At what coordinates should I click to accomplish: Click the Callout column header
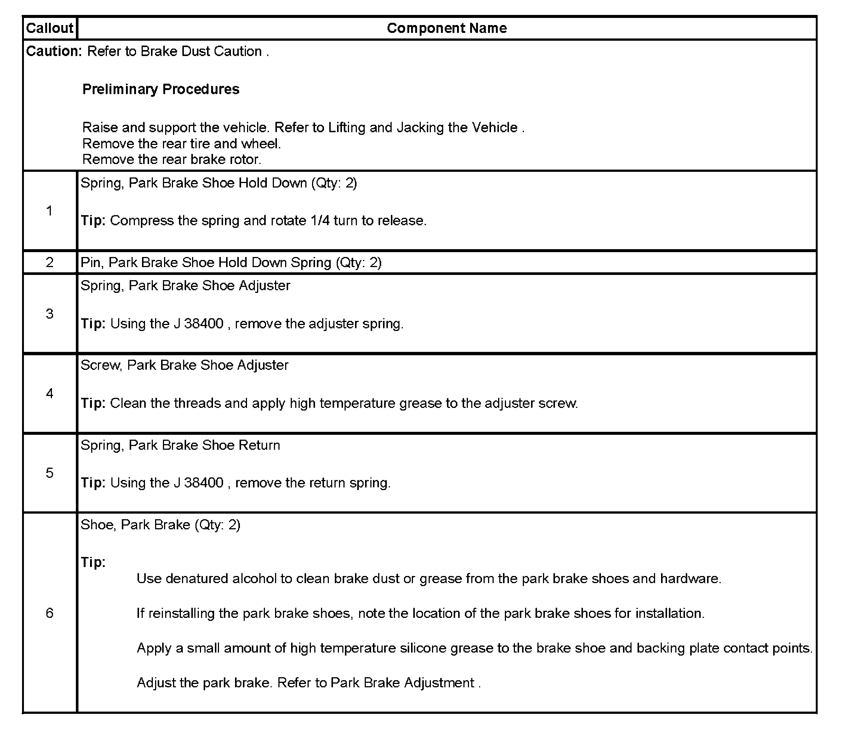pos(49,28)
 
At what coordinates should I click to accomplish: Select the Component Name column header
pos(447,28)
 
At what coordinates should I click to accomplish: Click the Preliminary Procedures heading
pos(161,89)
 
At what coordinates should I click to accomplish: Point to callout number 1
pos(49,211)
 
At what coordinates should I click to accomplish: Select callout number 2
pos(49,263)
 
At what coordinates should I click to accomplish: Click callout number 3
pos(49,314)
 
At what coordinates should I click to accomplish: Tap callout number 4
pos(49,393)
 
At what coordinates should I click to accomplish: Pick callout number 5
pos(49,473)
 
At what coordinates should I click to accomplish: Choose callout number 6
pos(49,613)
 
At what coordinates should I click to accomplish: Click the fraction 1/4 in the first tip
pos(320,221)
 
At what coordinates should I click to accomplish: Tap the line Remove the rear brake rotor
pos(172,160)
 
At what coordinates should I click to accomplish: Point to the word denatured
pos(197,579)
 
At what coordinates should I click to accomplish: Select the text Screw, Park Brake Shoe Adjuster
pos(184,365)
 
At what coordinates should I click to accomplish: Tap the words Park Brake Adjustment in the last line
pos(402,683)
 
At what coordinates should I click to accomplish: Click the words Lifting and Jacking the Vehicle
pos(423,127)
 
